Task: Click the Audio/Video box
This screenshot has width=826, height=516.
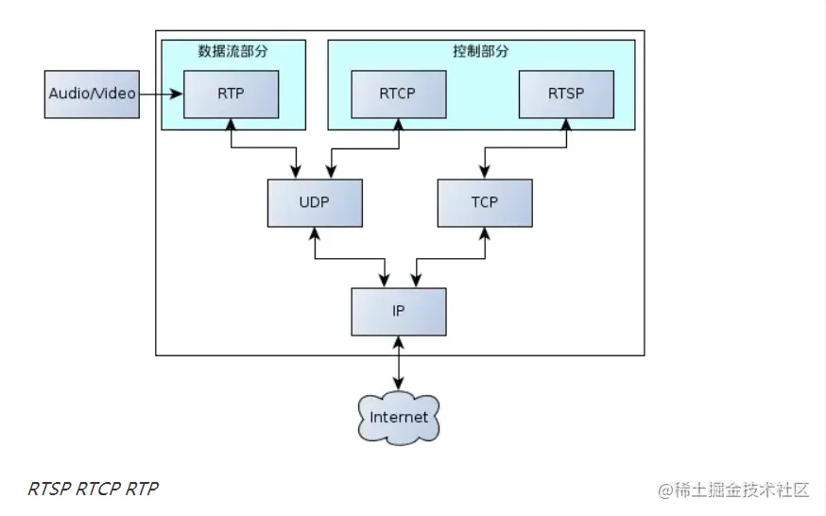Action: (93, 94)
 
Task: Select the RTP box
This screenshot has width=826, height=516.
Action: (231, 94)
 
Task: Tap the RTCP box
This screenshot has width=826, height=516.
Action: (398, 94)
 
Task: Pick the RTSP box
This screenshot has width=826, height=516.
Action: (566, 94)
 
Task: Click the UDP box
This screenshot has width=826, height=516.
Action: (315, 202)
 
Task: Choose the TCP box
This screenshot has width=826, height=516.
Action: (483, 202)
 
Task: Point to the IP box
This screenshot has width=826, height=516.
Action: (398, 311)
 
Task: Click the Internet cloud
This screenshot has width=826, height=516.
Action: (398, 417)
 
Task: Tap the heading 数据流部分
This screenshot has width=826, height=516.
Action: (232, 51)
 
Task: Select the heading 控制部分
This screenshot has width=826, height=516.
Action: (480, 51)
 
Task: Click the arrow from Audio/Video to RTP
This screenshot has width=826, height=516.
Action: (161, 94)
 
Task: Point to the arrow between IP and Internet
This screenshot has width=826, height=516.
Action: (398, 361)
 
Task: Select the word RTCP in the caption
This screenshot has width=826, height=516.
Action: (98, 490)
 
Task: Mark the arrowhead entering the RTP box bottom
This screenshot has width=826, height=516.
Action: (231, 125)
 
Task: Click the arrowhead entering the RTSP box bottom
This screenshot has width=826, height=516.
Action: (566, 125)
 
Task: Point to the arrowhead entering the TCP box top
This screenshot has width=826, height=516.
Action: (483, 172)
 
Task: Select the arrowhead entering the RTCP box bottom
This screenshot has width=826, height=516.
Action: (398, 125)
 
